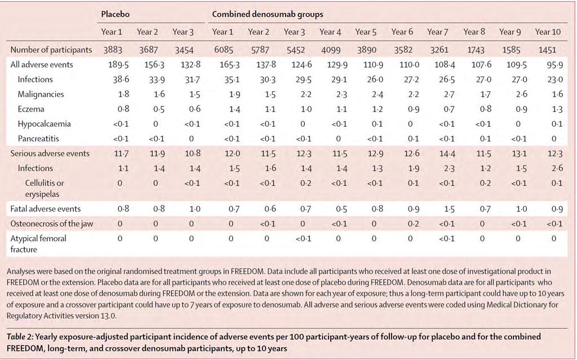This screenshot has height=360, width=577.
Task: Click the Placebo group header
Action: pyautogui.click(x=116, y=14)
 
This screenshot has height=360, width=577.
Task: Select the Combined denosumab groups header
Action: pyautogui.click(x=268, y=14)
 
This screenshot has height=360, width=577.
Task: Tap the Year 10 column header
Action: pyautogui.click(x=548, y=32)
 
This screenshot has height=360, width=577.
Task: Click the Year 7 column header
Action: pyautogui.click(x=437, y=32)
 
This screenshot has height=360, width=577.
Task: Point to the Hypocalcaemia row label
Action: pyautogui.click(x=44, y=124)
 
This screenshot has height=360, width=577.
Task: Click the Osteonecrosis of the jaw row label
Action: pyautogui.click(x=51, y=224)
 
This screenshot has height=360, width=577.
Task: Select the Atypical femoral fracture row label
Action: pyautogui.click(x=38, y=244)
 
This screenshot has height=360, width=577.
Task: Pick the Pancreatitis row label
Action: pyautogui.click(x=38, y=139)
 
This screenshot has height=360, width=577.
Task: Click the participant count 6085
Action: pyautogui.click(x=224, y=50)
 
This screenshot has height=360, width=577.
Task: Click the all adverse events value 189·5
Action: pyautogui.click(x=118, y=65)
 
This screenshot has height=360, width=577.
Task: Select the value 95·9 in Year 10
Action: pyautogui.click(x=555, y=65)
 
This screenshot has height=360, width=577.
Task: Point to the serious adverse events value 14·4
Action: pyautogui.click(x=447, y=153)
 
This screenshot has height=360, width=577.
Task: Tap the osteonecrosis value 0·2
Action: pyautogui.click(x=412, y=224)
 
